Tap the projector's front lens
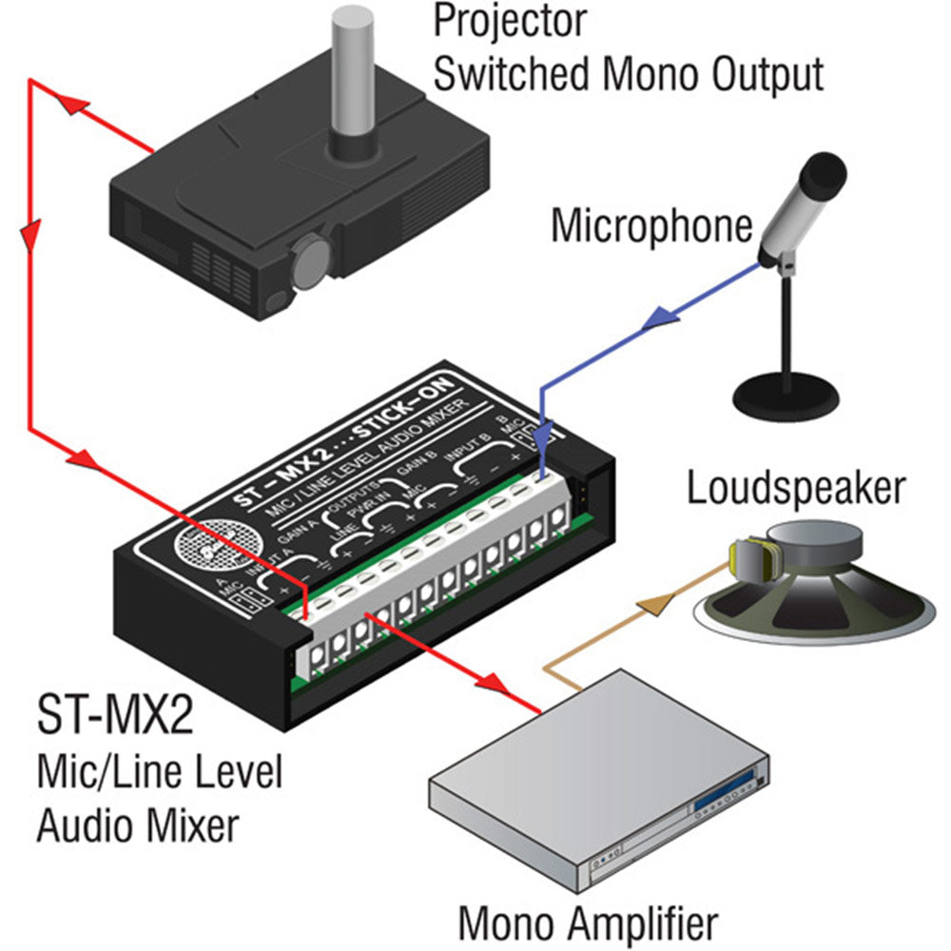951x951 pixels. click(x=308, y=260)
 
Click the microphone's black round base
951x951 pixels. click(x=788, y=392)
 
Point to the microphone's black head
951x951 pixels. click(x=824, y=175)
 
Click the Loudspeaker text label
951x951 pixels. click(x=796, y=489)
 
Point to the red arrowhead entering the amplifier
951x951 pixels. click(x=494, y=681)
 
